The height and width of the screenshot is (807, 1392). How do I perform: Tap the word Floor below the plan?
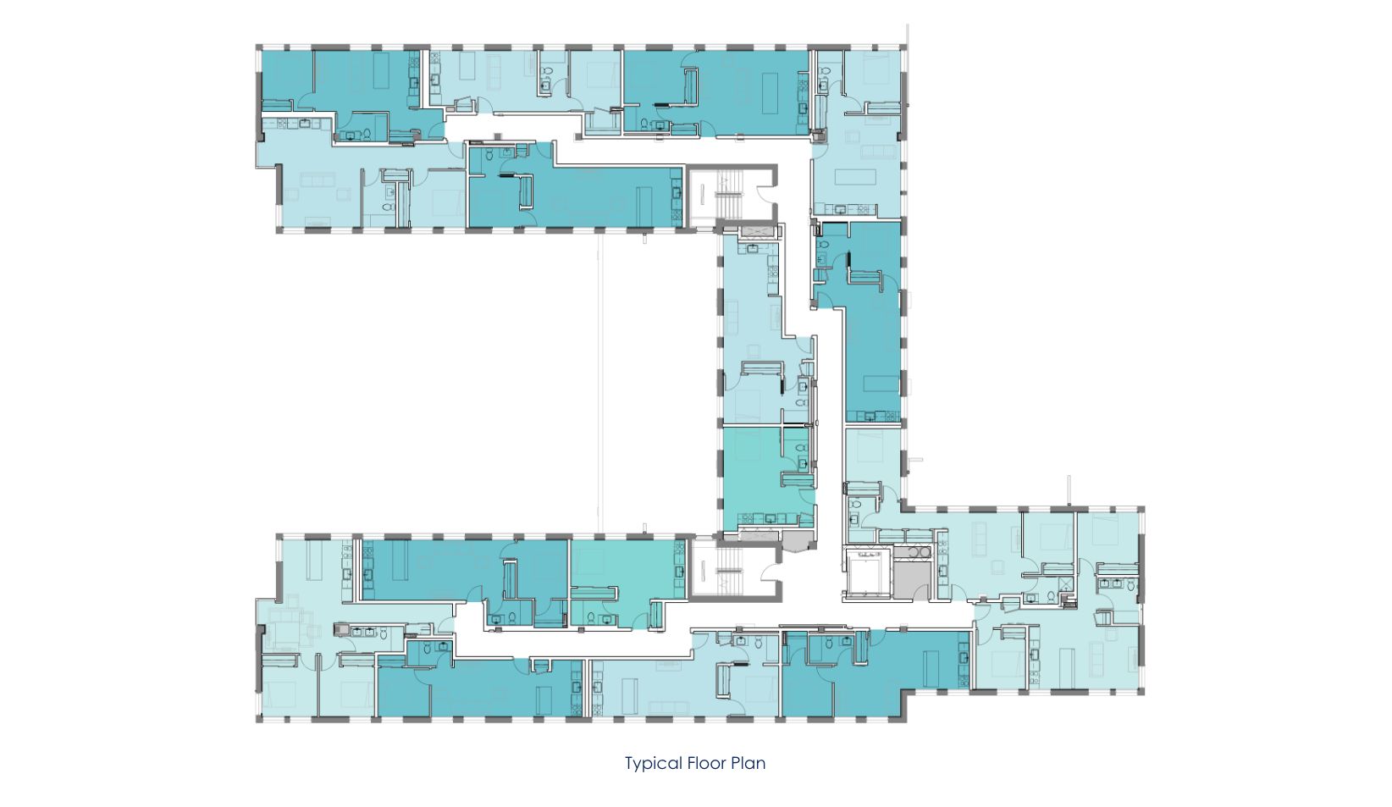[705, 763]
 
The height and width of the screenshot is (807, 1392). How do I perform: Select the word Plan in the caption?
[748, 763]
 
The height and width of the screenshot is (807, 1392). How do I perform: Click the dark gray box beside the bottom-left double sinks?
[340, 629]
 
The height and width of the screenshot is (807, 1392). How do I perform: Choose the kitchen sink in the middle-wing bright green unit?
[771, 518]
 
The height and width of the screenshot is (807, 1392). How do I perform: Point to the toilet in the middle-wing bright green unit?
[802, 448]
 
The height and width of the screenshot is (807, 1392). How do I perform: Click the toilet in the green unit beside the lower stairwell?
[590, 617]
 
